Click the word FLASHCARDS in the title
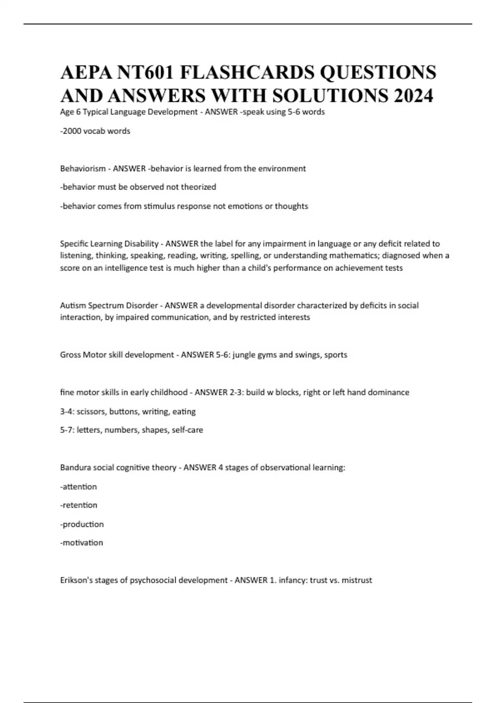click(x=247, y=72)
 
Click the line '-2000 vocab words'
click(x=95, y=131)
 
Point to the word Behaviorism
click(x=83, y=169)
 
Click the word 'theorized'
click(x=198, y=187)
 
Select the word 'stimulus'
click(x=159, y=206)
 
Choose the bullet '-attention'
click(x=79, y=487)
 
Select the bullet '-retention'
click(x=79, y=505)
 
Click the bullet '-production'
click(x=82, y=524)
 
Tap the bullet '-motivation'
click(x=81, y=543)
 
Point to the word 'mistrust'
click(x=357, y=580)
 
